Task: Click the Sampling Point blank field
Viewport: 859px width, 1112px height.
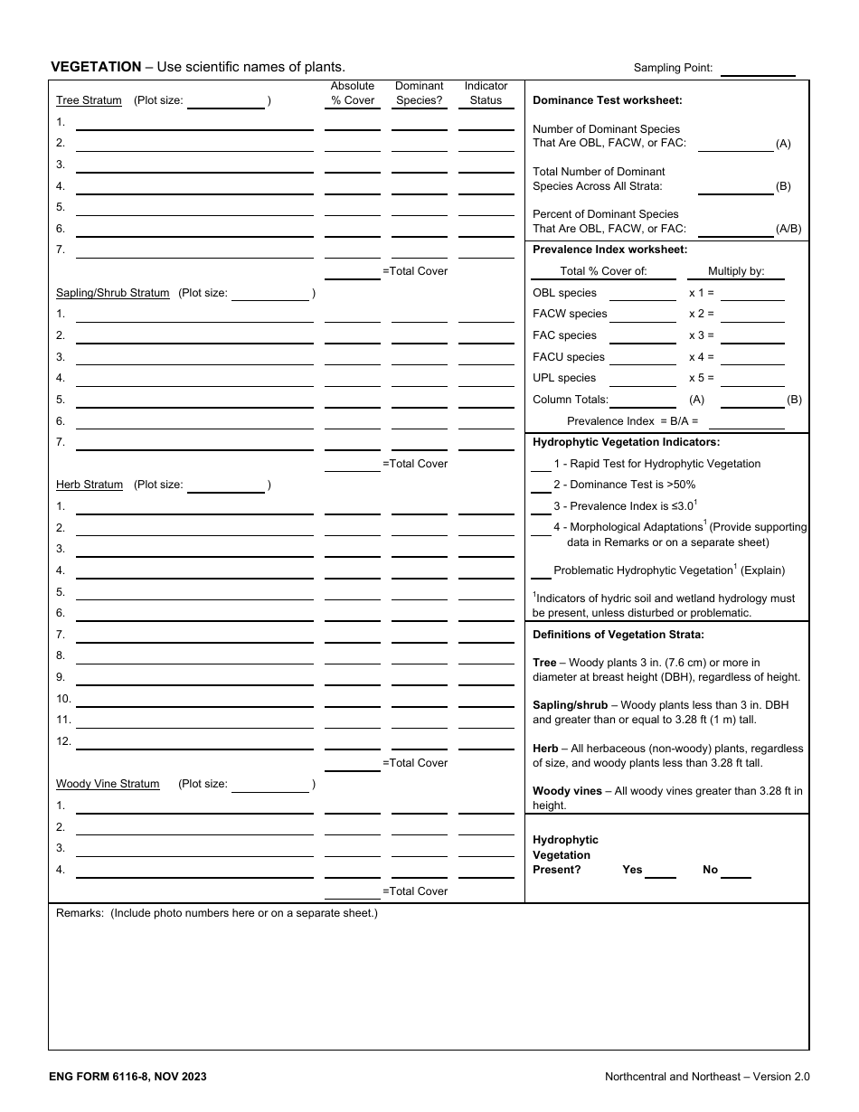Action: pyautogui.click(x=758, y=69)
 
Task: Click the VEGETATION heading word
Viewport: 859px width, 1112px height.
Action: pyautogui.click(x=96, y=66)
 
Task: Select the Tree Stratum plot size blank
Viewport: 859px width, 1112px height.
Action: pyautogui.click(x=225, y=101)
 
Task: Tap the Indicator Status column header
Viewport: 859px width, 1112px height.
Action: pyautogui.click(x=486, y=93)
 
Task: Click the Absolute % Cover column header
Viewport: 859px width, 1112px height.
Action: pyautogui.click(x=352, y=93)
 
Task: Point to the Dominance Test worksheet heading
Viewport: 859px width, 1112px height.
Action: pyautogui.click(x=607, y=100)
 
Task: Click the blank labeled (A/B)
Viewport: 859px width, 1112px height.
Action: pyautogui.click(x=735, y=229)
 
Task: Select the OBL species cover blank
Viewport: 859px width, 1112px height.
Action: pyautogui.click(x=642, y=293)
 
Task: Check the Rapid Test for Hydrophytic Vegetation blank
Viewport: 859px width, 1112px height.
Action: pyautogui.click(x=541, y=465)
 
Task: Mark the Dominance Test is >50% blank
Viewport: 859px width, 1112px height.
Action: pyautogui.click(x=541, y=485)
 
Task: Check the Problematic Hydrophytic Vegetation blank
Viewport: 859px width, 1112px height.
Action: pyautogui.click(x=541, y=571)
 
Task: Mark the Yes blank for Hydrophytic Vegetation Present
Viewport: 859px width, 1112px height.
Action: pyautogui.click(x=660, y=871)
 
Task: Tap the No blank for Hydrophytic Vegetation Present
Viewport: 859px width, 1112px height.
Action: pyautogui.click(x=735, y=871)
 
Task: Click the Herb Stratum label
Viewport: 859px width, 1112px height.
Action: pyautogui.click(x=90, y=485)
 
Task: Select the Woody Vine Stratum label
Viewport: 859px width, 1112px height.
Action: pyautogui.click(x=108, y=784)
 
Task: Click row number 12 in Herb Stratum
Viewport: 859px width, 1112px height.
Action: pyautogui.click(x=63, y=741)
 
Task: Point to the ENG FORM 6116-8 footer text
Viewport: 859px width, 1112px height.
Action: pyautogui.click(x=128, y=1077)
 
